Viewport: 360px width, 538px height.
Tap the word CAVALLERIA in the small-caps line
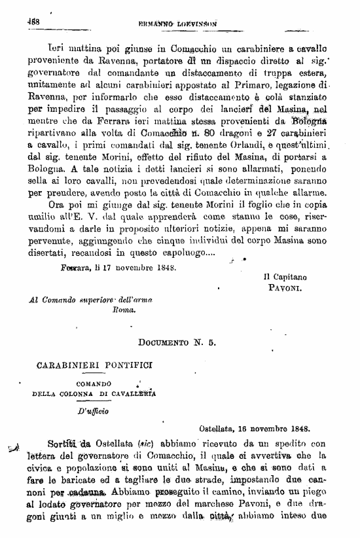coord(134,394)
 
